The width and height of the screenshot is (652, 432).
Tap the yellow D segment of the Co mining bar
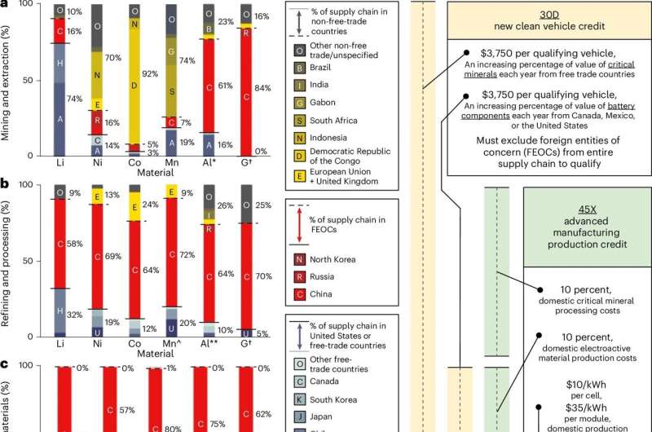pyautogui.click(x=134, y=84)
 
